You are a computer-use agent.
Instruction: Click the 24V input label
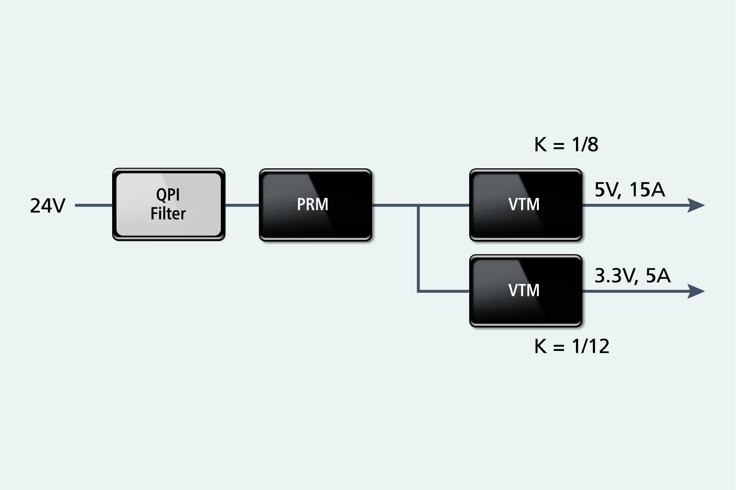point(48,206)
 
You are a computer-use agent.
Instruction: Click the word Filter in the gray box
point(168,214)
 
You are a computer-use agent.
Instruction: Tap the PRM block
point(315,205)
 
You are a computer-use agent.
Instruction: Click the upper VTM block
point(525,205)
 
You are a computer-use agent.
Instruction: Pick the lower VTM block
point(525,290)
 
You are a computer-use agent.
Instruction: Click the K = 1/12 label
point(572,346)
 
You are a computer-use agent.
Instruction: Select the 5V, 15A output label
point(629,189)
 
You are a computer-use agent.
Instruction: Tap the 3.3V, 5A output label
point(632,276)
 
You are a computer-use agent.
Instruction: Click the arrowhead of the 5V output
point(696,205)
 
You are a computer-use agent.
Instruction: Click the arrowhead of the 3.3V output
point(696,291)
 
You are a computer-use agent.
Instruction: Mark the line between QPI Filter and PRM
point(242,205)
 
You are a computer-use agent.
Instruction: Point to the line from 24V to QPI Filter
point(93,205)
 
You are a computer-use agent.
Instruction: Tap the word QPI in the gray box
point(168,195)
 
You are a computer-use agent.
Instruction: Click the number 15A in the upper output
point(647,189)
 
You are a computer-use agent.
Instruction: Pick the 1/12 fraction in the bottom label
point(590,346)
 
